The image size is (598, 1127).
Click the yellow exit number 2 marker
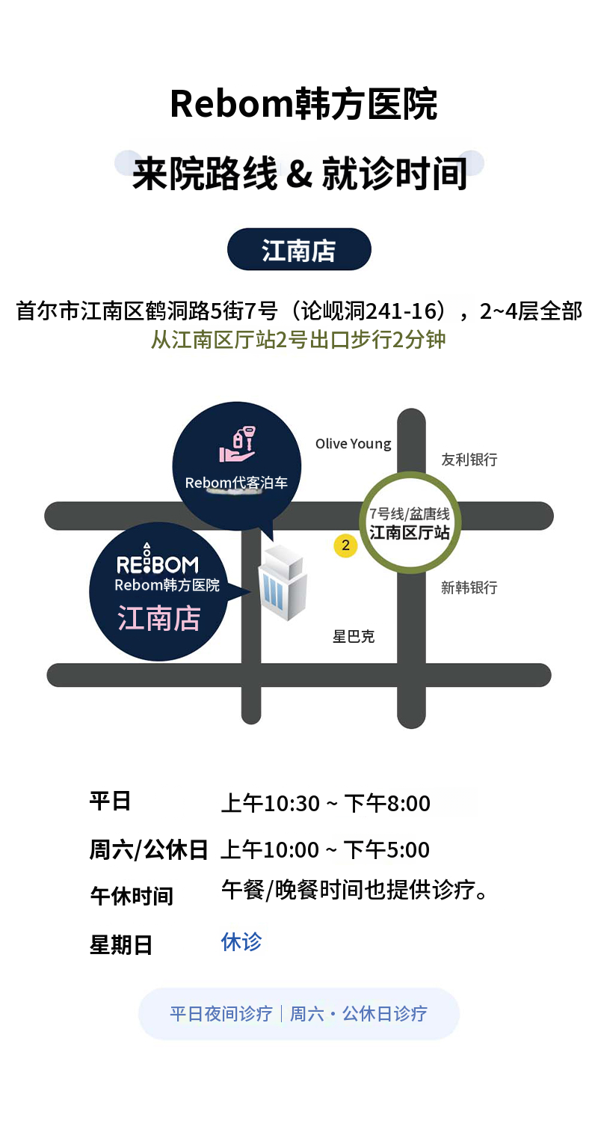345,546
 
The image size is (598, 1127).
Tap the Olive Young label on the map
354,444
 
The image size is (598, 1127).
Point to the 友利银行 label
469,459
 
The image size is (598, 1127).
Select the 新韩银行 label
469,587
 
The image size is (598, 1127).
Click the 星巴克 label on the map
354,636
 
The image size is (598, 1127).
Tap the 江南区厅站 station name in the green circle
410,532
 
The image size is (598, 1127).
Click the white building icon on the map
283,583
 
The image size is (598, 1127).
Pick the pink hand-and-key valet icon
238,445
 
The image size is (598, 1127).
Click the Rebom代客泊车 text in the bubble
236,483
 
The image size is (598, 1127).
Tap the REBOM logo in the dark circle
157,560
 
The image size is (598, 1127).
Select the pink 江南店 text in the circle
158,618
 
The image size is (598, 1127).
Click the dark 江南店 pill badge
299,249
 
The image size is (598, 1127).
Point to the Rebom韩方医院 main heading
303,104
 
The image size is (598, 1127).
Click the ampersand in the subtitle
300,173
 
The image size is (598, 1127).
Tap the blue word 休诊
241,942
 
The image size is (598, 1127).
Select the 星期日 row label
120,945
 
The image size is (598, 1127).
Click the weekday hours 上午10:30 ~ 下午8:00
326,804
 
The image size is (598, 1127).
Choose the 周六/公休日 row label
149,850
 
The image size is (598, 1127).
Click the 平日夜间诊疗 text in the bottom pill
221,1014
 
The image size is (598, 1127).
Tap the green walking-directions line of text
298,340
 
